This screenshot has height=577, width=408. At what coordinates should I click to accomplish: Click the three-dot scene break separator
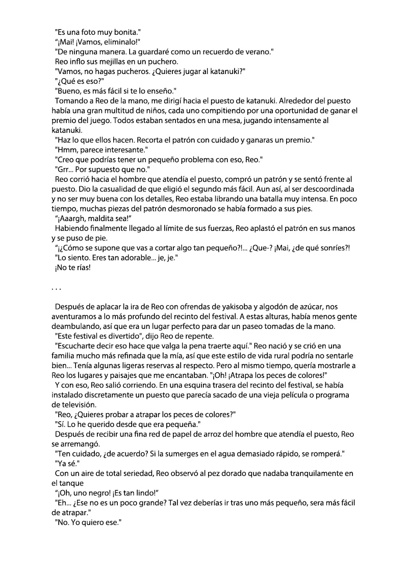click(x=56, y=289)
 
